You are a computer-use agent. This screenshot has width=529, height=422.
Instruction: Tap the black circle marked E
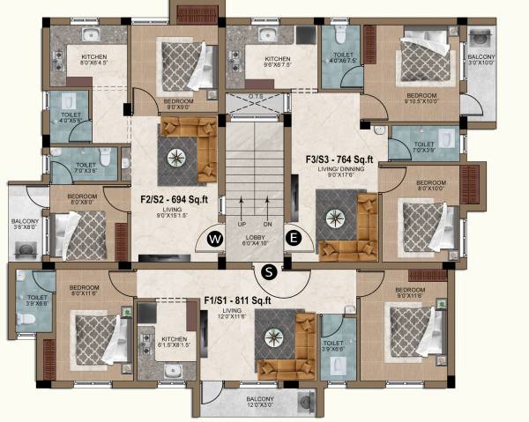point(293,237)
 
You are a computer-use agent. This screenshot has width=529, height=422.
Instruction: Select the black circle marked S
point(270,271)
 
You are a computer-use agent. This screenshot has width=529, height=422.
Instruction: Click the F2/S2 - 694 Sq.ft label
point(174,199)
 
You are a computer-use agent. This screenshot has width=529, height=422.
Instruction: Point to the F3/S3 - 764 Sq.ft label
point(339,159)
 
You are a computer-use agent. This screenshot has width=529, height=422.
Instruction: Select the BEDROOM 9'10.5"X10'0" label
point(423,97)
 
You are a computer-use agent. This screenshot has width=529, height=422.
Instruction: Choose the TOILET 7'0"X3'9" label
point(424,147)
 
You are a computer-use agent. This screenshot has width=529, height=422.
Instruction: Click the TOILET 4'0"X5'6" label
point(70,117)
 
